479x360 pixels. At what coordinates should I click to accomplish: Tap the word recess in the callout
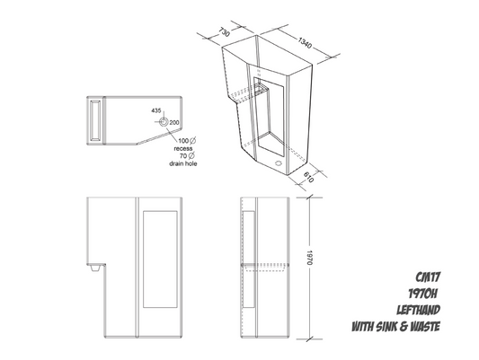coord(184,149)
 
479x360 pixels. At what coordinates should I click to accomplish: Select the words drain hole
coord(184,165)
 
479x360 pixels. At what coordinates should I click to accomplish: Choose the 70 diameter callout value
coord(185,157)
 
